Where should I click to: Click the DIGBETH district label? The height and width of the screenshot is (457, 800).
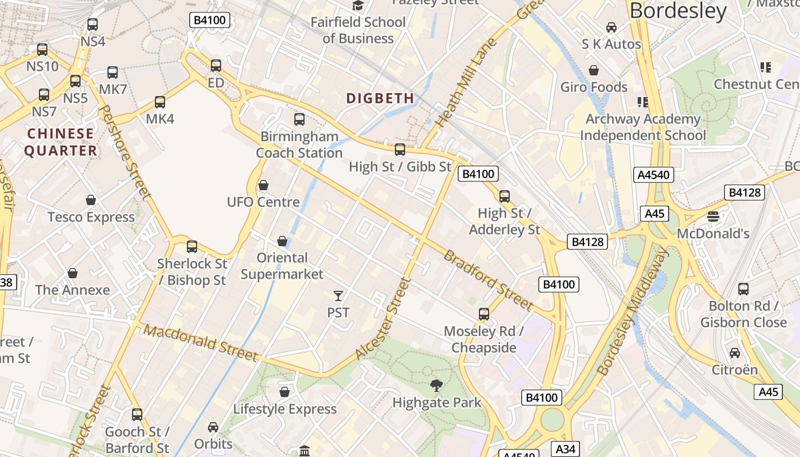coord(380,98)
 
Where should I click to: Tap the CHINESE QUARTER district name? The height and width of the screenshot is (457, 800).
coord(61,142)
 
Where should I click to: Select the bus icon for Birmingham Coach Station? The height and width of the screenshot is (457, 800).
coord(299,119)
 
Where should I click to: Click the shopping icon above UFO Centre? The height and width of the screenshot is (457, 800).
coord(263,185)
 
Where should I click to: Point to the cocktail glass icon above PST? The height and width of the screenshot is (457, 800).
coord(338,296)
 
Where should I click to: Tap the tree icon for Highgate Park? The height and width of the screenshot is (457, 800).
coord(437,386)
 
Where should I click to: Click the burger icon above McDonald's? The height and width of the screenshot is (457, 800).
coord(713,216)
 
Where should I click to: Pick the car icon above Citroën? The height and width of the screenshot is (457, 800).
coord(735,352)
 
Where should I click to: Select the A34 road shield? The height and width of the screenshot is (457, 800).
coord(563,448)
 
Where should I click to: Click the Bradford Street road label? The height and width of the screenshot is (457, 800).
coord(489,280)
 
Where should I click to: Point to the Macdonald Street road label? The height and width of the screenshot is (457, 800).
coord(201,343)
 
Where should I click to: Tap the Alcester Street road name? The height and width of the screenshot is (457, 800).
coord(383,318)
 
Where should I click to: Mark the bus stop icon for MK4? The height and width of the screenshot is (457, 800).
coord(160,102)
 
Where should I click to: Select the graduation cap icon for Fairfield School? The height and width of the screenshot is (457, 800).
coord(358,6)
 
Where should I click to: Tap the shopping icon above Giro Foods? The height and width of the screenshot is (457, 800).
coord(594,70)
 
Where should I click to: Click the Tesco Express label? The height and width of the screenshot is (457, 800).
coord(91,217)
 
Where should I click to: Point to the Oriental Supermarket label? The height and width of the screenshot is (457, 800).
coord(282,266)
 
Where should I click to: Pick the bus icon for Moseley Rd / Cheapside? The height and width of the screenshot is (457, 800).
coord(484,314)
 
